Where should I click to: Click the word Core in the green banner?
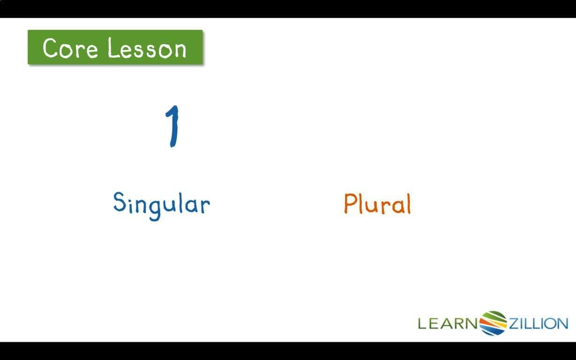[70, 48]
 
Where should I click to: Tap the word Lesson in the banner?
[147, 48]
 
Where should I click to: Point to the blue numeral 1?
[173, 126]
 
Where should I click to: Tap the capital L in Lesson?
[112, 48]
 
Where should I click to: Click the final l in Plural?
[408, 203]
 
